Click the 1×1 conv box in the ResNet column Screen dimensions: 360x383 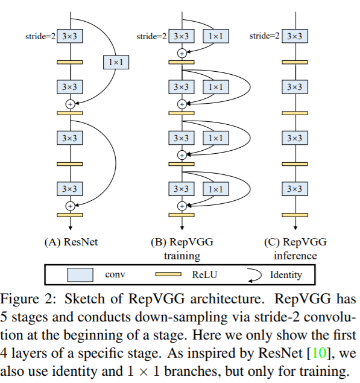tap(116, 62)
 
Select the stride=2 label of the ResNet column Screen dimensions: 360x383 tap(40, 36)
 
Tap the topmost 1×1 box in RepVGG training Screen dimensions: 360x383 tap(216, 36)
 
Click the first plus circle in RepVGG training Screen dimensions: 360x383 tap(182, 53)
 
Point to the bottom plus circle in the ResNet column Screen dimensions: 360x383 tap(71, 206)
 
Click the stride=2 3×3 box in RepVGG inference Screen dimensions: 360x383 tap(295, 36)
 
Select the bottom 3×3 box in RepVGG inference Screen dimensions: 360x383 tap(295, 189)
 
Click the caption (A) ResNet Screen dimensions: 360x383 tap(71, 242)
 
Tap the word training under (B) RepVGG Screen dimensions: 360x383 tap(182, 256)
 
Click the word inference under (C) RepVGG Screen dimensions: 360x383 tap(295, 256)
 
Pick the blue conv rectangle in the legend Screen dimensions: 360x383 tap(80, 275)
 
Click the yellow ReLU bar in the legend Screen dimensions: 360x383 tap(168, 274)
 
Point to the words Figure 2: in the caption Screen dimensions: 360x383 tap(28, 299)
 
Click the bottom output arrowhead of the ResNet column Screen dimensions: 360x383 tap(71, 228)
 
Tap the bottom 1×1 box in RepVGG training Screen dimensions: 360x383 tap(216, 189)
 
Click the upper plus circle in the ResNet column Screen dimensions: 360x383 tap(71, 104)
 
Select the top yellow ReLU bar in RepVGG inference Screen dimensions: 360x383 tap(295, 62)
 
